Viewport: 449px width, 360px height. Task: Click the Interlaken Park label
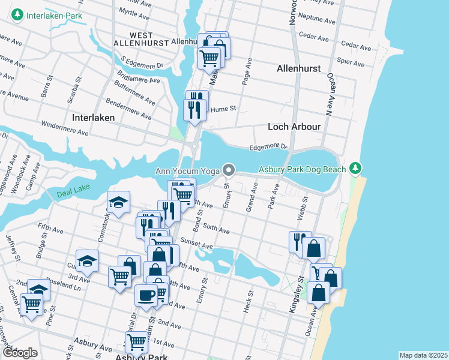55,14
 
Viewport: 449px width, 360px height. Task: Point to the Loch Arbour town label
294,127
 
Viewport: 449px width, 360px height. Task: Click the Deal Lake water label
73,194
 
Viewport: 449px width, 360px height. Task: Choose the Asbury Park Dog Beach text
303,169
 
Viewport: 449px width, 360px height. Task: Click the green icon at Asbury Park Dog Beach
357,167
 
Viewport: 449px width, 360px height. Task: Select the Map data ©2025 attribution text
423,355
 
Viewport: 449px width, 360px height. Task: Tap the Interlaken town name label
93,118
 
